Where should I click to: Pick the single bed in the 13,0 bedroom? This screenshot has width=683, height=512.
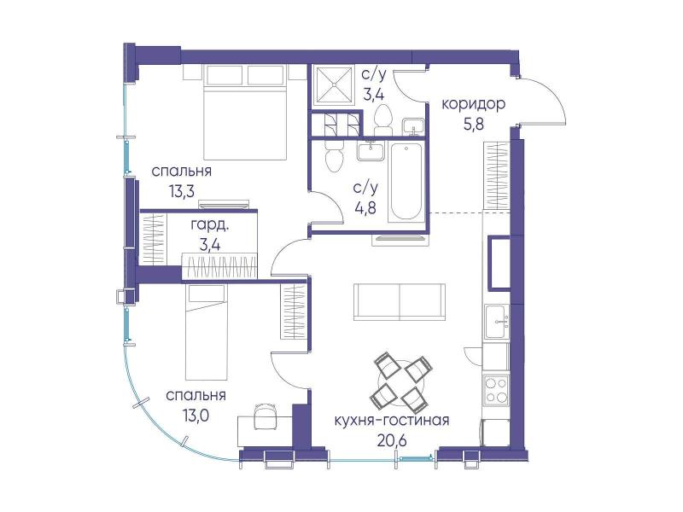coord(207,333)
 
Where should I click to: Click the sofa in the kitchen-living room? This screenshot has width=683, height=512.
coord(400,302)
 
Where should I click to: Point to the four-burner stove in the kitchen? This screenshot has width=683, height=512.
coord(496,389)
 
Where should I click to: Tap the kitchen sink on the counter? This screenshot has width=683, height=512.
coord(497,322)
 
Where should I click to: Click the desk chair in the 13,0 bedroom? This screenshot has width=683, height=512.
coord(265,414)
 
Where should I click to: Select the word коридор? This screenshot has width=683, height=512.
coord(474,104)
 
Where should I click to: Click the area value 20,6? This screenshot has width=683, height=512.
coord(393,440)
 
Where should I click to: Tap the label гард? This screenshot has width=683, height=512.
coord(210,225)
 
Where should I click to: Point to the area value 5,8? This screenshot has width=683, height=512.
coord(474,125)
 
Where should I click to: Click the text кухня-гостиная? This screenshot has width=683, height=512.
coord(392,420)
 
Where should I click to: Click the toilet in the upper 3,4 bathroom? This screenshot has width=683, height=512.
coord(383,119)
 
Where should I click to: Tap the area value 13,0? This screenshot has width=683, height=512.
coord(196,416)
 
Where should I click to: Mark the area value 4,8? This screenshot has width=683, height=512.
coord(365,208)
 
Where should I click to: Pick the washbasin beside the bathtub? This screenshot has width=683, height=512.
coord(371,151)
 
